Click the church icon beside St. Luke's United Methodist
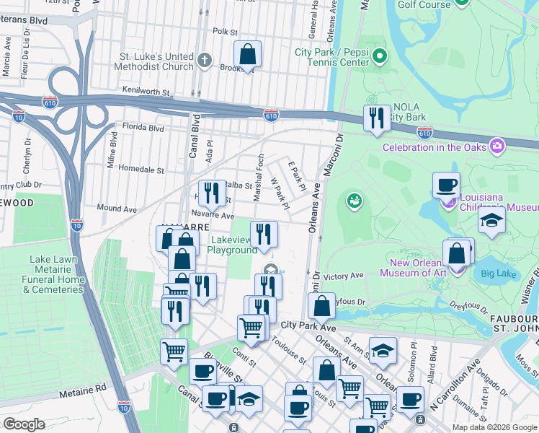(x=205, y=61)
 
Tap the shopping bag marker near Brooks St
(x=247, y=55)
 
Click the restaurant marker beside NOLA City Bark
(x=376, y=118)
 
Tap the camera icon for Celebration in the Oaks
(x=496, y=147)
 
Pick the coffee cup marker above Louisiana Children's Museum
(x=447, y=185)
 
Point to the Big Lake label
(x=498, y=274)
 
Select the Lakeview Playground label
(x=233, y=245)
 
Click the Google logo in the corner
(x=24, y=424)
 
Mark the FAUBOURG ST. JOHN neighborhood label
(x=513, y=325)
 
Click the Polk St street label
(x=225, y=32)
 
